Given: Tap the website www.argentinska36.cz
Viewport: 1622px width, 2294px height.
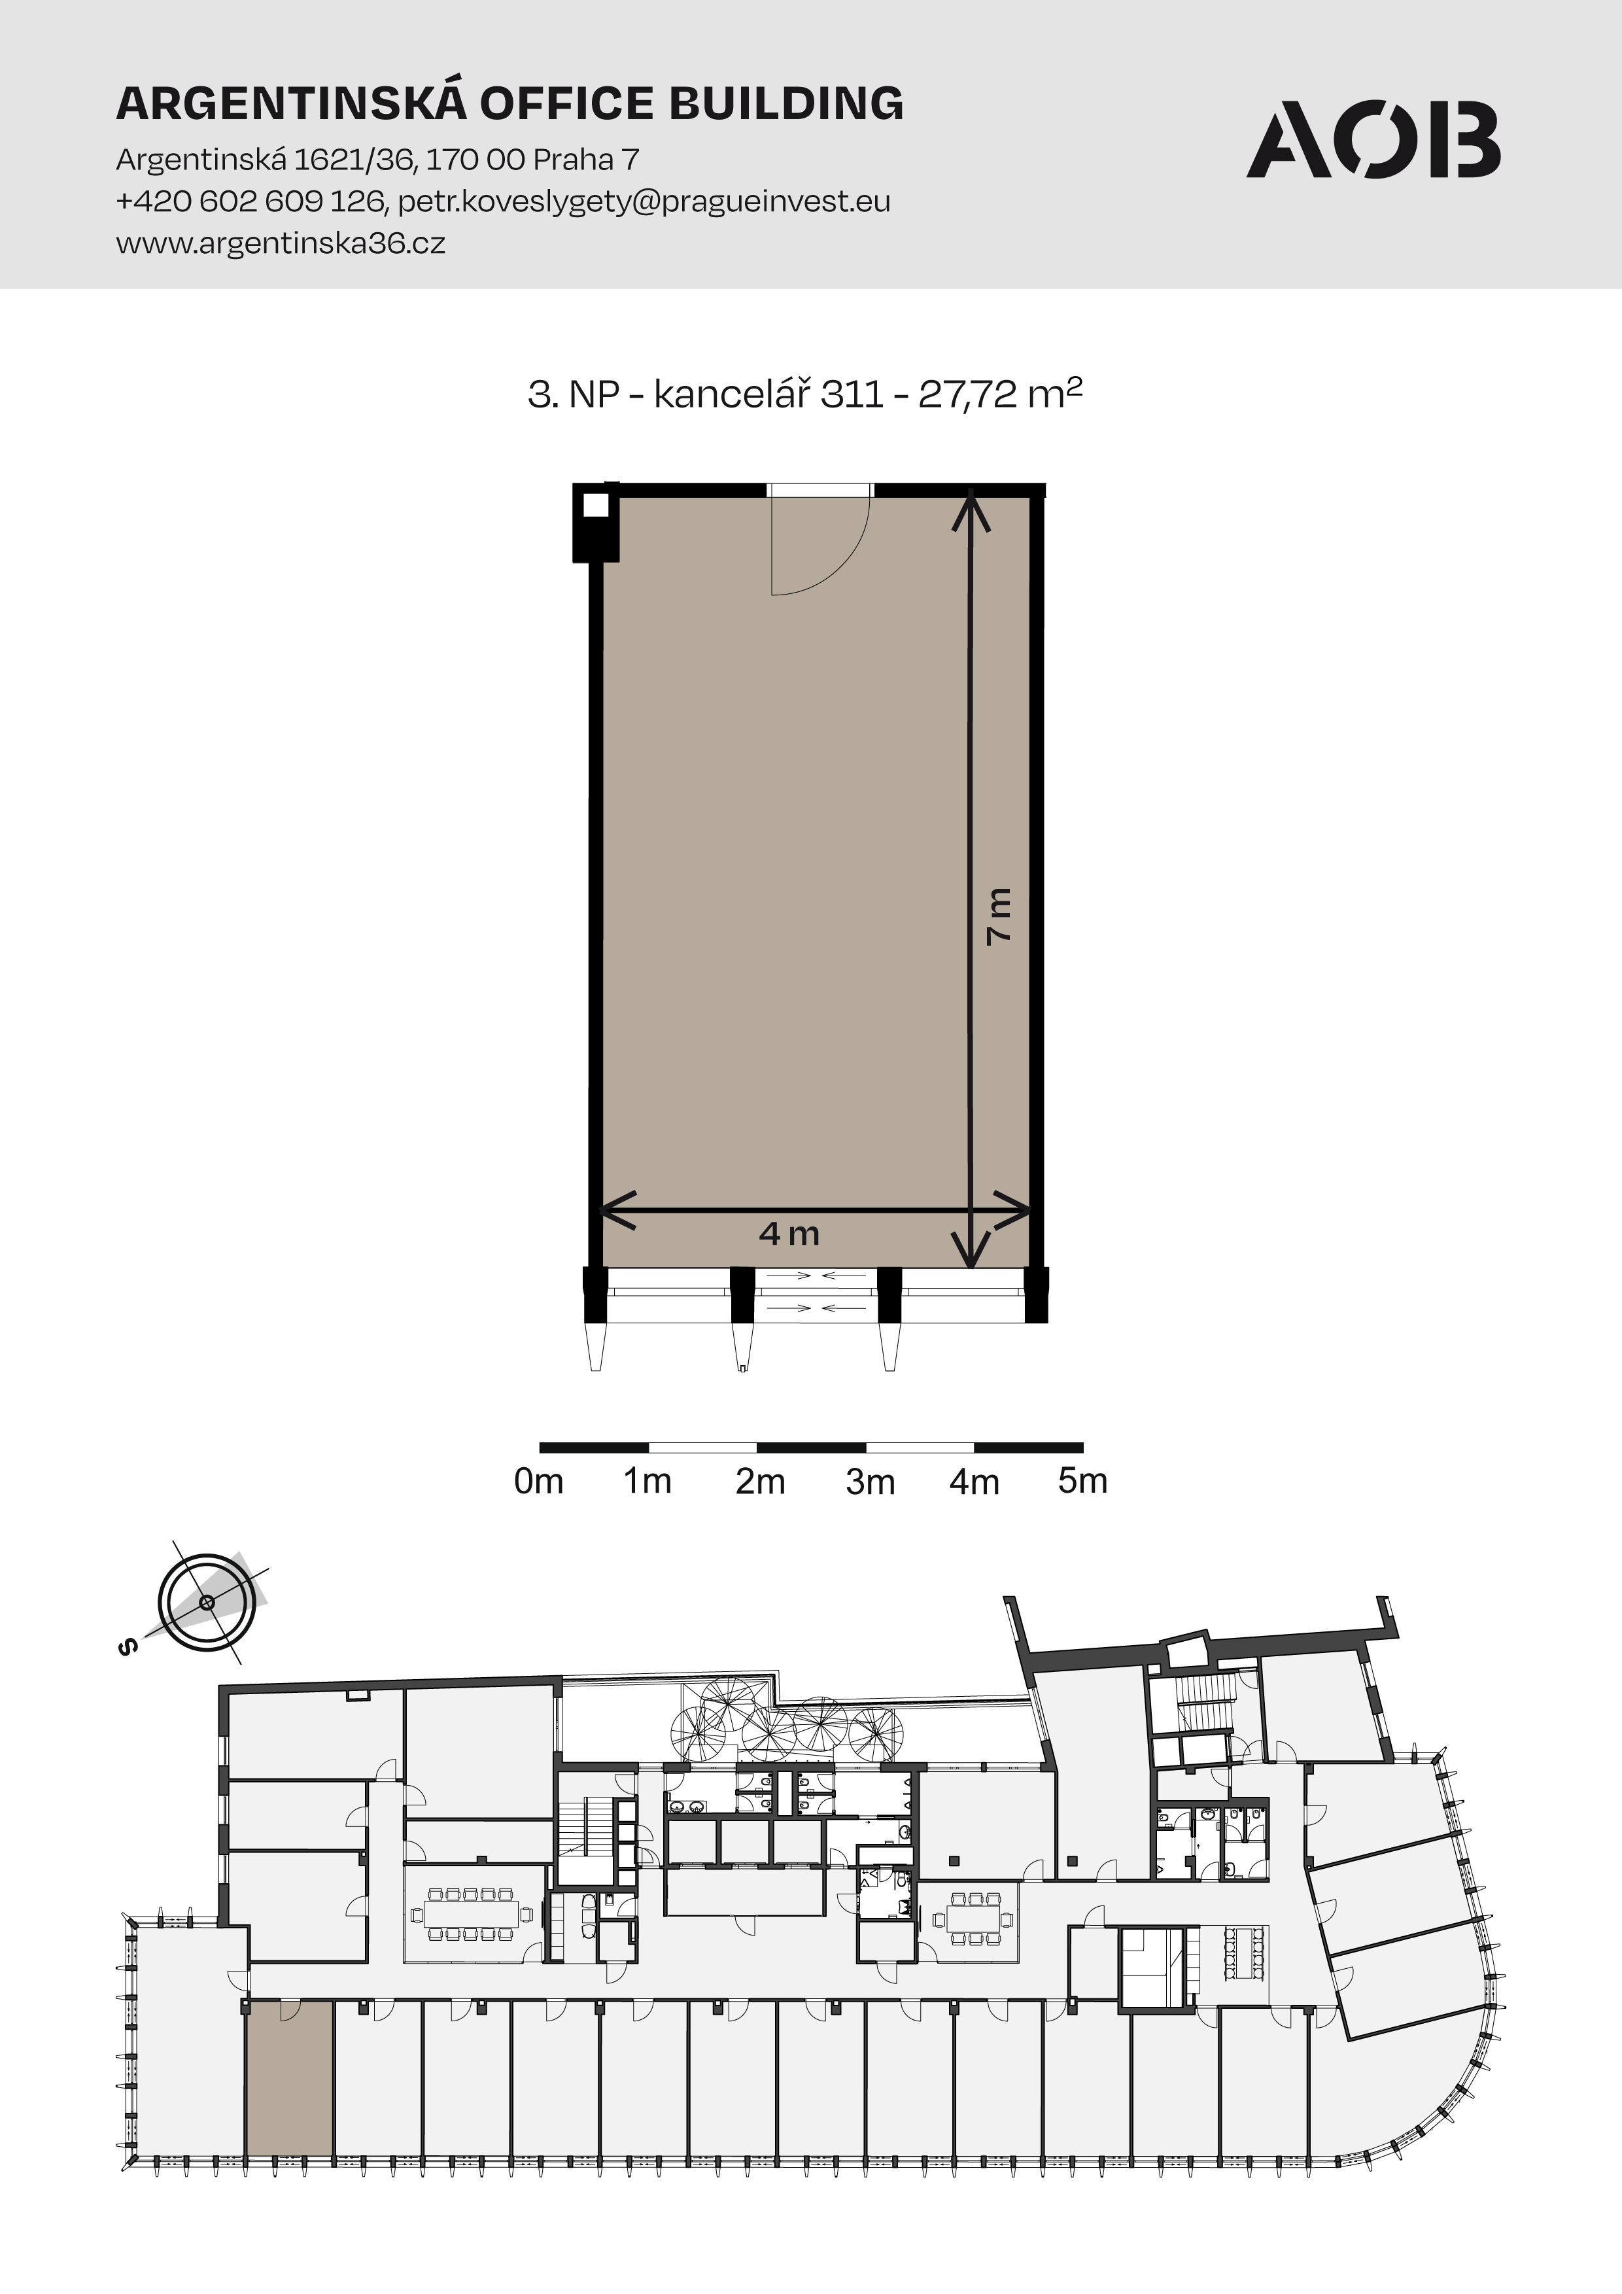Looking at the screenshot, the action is (x=281, y=243).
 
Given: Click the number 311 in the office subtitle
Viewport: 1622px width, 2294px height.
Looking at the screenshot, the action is (x=852, y=394).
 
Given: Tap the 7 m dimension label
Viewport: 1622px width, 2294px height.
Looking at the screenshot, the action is (x=999, y=915).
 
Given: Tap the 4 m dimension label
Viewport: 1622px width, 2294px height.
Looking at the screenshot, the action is (x=789, y=1234).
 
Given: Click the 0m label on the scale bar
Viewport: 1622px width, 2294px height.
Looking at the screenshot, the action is (x=538, y=1481).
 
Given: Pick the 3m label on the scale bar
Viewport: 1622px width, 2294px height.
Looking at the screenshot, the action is (x=870, y=1481).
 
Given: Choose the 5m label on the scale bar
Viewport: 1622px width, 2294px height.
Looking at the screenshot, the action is (x=1082, y=1481).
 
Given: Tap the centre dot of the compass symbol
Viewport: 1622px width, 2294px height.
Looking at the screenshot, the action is (x=207, y=1603).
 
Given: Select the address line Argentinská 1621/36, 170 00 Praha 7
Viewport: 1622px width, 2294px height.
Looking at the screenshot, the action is (x=377, y=160).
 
